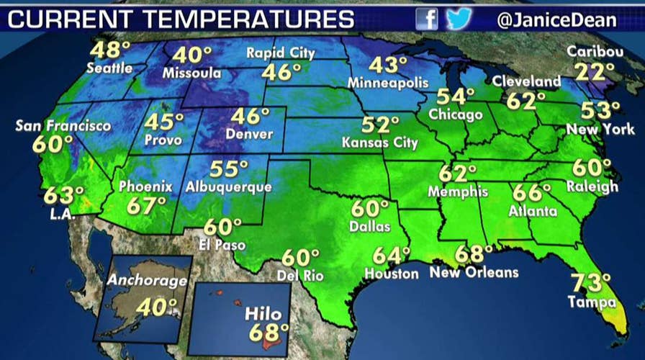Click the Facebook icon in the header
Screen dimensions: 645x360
point(427,19)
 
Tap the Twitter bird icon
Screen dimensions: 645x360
point(459,19)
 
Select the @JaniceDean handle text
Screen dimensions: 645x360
point(556,19)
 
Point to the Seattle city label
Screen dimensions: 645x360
point(109,68)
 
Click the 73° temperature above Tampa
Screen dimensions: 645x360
point(591,282)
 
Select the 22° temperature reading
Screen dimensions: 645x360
point(594,73)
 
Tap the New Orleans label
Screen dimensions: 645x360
point(474,272)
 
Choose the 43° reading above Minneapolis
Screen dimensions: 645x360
point(383,65)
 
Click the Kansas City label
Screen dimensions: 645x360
point(379,143)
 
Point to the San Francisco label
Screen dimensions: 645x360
point(63,126)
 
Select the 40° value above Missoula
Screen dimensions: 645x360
point(192,55)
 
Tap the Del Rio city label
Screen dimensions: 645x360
point(300,276)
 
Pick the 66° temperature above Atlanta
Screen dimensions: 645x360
point(531,192)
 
